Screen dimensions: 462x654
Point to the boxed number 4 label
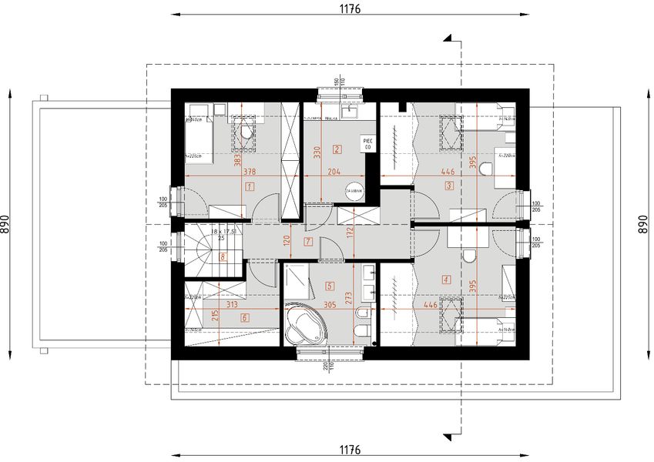pos(446,280)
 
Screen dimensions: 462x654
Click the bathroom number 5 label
pos(330,286)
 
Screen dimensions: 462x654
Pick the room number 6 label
pos(245,317)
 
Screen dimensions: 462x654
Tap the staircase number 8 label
pos(223,258)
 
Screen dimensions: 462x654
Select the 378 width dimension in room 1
pos(249,172)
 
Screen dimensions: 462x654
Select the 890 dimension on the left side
pos(6,223)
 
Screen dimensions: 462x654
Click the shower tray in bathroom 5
pos(297,283)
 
